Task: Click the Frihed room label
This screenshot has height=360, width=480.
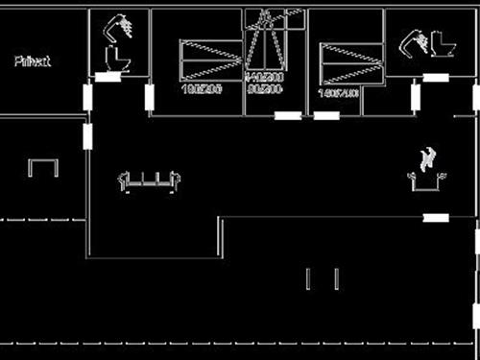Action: click(x=33, y=61)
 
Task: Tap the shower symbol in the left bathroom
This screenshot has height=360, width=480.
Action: click(x=120, y=26)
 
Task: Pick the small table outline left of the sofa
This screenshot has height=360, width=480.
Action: click(x=43, y=168)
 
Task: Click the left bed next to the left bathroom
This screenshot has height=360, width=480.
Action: click(x=211, y=60)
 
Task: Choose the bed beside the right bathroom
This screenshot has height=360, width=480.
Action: click(x=352, y=62)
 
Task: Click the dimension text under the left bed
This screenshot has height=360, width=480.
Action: click(x=202, y=88)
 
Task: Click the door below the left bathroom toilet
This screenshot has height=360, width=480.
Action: click(x=108, y=77)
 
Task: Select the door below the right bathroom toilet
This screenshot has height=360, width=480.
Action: click(x=438, y=77)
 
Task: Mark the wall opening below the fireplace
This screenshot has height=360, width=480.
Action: click(x=437, y=218)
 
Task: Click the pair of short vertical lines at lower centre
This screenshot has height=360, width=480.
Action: click(x=322, y=278)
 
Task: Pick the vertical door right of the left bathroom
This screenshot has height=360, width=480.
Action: click(x=150, y=97)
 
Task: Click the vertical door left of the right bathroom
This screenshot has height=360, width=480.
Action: click(x=416, y=97)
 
